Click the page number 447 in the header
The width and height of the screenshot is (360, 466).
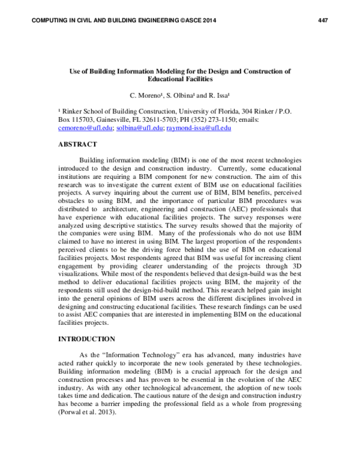click(323, 21)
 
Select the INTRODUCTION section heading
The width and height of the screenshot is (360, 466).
click(86, 339)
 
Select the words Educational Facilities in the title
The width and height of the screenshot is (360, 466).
click(179, 79)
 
